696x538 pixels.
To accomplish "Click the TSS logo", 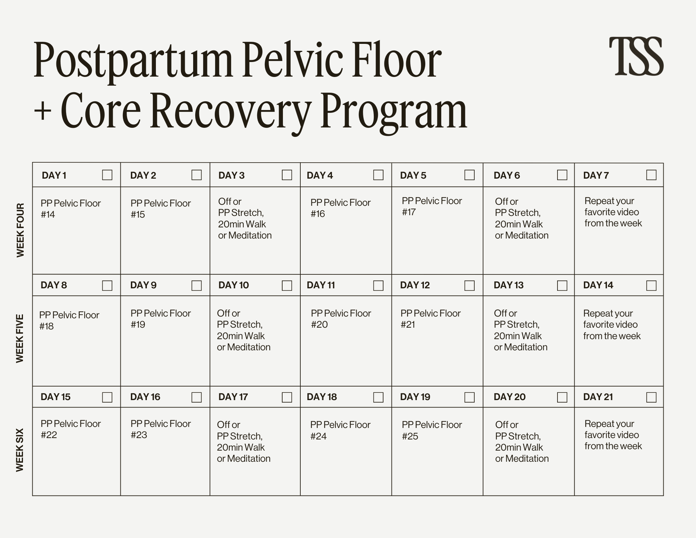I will click(636, 56).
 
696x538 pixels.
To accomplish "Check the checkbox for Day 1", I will click(107, 175).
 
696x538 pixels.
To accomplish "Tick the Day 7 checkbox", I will click(651, 175).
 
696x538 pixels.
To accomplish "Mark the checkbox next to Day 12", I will click(469, 286).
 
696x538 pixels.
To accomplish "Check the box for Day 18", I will click(378, 397).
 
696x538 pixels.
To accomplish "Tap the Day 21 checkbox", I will click(651, 397).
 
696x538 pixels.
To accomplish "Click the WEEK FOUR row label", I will click(21, 231).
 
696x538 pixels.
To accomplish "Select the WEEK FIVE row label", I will click(20, 338).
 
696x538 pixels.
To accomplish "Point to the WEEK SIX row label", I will click(20, 450).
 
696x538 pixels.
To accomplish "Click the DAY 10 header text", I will click(234, 285).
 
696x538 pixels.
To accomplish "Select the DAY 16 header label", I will click(145, 397).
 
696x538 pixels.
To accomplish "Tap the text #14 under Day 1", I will click(48, 215).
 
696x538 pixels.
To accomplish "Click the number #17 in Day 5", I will click(409, 212).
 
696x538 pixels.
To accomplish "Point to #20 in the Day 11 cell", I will click(319, 325).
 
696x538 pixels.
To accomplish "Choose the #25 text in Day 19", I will click(410, 436).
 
